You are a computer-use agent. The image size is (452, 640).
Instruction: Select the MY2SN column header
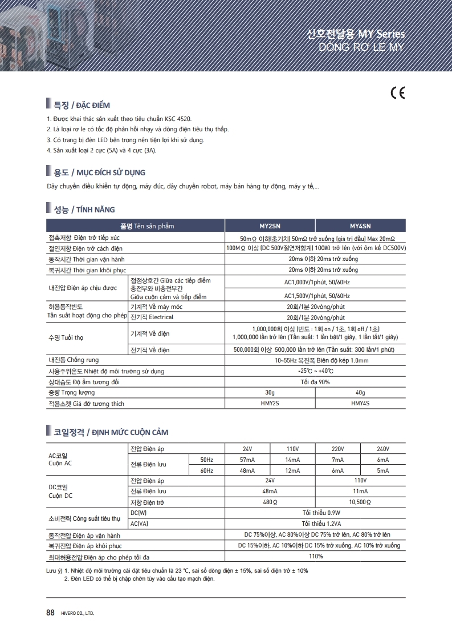(x=271, y=226)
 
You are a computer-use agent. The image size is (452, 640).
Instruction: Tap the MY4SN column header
(x=360, y=226)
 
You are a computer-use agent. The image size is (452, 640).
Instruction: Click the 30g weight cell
(x=270, y=393)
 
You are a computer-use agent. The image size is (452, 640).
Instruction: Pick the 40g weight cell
(x=360, y=393)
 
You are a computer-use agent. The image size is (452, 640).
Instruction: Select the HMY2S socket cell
(x=270, y=404)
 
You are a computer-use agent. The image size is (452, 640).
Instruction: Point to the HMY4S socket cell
(x=360, y=404)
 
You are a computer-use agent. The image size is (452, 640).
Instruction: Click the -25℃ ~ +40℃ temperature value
(x=315, y=371)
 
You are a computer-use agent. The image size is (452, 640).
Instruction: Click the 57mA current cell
(x=247, y=460)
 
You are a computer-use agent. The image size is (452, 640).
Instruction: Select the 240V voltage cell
(x=383, y=449)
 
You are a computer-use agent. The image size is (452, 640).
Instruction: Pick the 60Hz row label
(x=206, y=470)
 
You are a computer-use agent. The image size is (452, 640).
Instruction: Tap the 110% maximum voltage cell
(x=315, y=556)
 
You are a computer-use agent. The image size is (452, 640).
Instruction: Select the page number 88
(x=50, y=613)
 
